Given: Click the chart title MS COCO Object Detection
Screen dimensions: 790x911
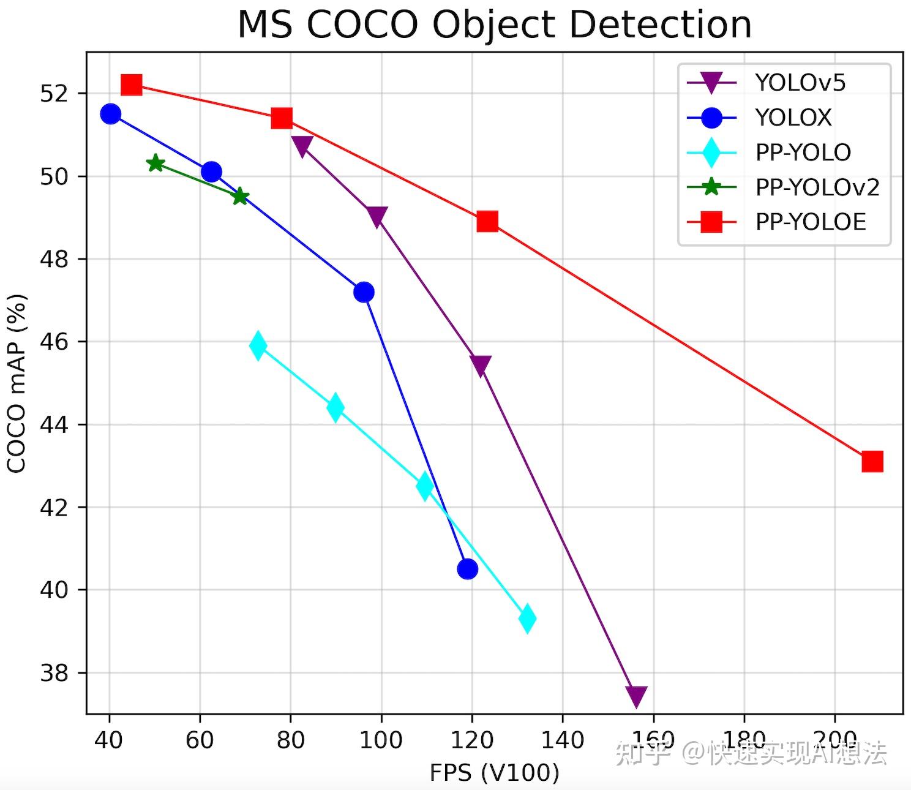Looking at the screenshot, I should pyautogui.click(x=494, y=25).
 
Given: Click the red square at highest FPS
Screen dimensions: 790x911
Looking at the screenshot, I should pyautogui.click(x=872, y=461).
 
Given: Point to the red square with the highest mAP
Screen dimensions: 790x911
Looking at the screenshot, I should pyautogui.click(x=132, y=85).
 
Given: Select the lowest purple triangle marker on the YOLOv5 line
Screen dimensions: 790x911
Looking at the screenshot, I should pyautogui.click(x=636, y=696).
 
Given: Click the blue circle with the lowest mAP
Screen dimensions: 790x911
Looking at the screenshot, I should pyautogui.click(x=467, y=569).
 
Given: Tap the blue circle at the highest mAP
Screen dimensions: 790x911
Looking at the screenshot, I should pyautogui.click(x=110, y=113).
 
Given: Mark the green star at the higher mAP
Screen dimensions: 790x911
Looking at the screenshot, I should pyautogui.click(x=156, y=163).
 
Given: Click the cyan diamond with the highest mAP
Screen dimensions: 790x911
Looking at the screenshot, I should pyautogui.click(x=258, y=345).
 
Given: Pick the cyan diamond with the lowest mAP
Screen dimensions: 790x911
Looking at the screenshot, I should pyautogui.click(x=527, y=618).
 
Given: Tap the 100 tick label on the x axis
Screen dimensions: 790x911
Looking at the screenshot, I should pyautogui.click(x=381, y=740).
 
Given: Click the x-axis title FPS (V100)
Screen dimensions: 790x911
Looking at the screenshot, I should pyautogui.click(x=494, y=773).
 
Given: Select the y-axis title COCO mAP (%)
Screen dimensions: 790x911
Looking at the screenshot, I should pyautogui.click(x=17, y=383).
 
